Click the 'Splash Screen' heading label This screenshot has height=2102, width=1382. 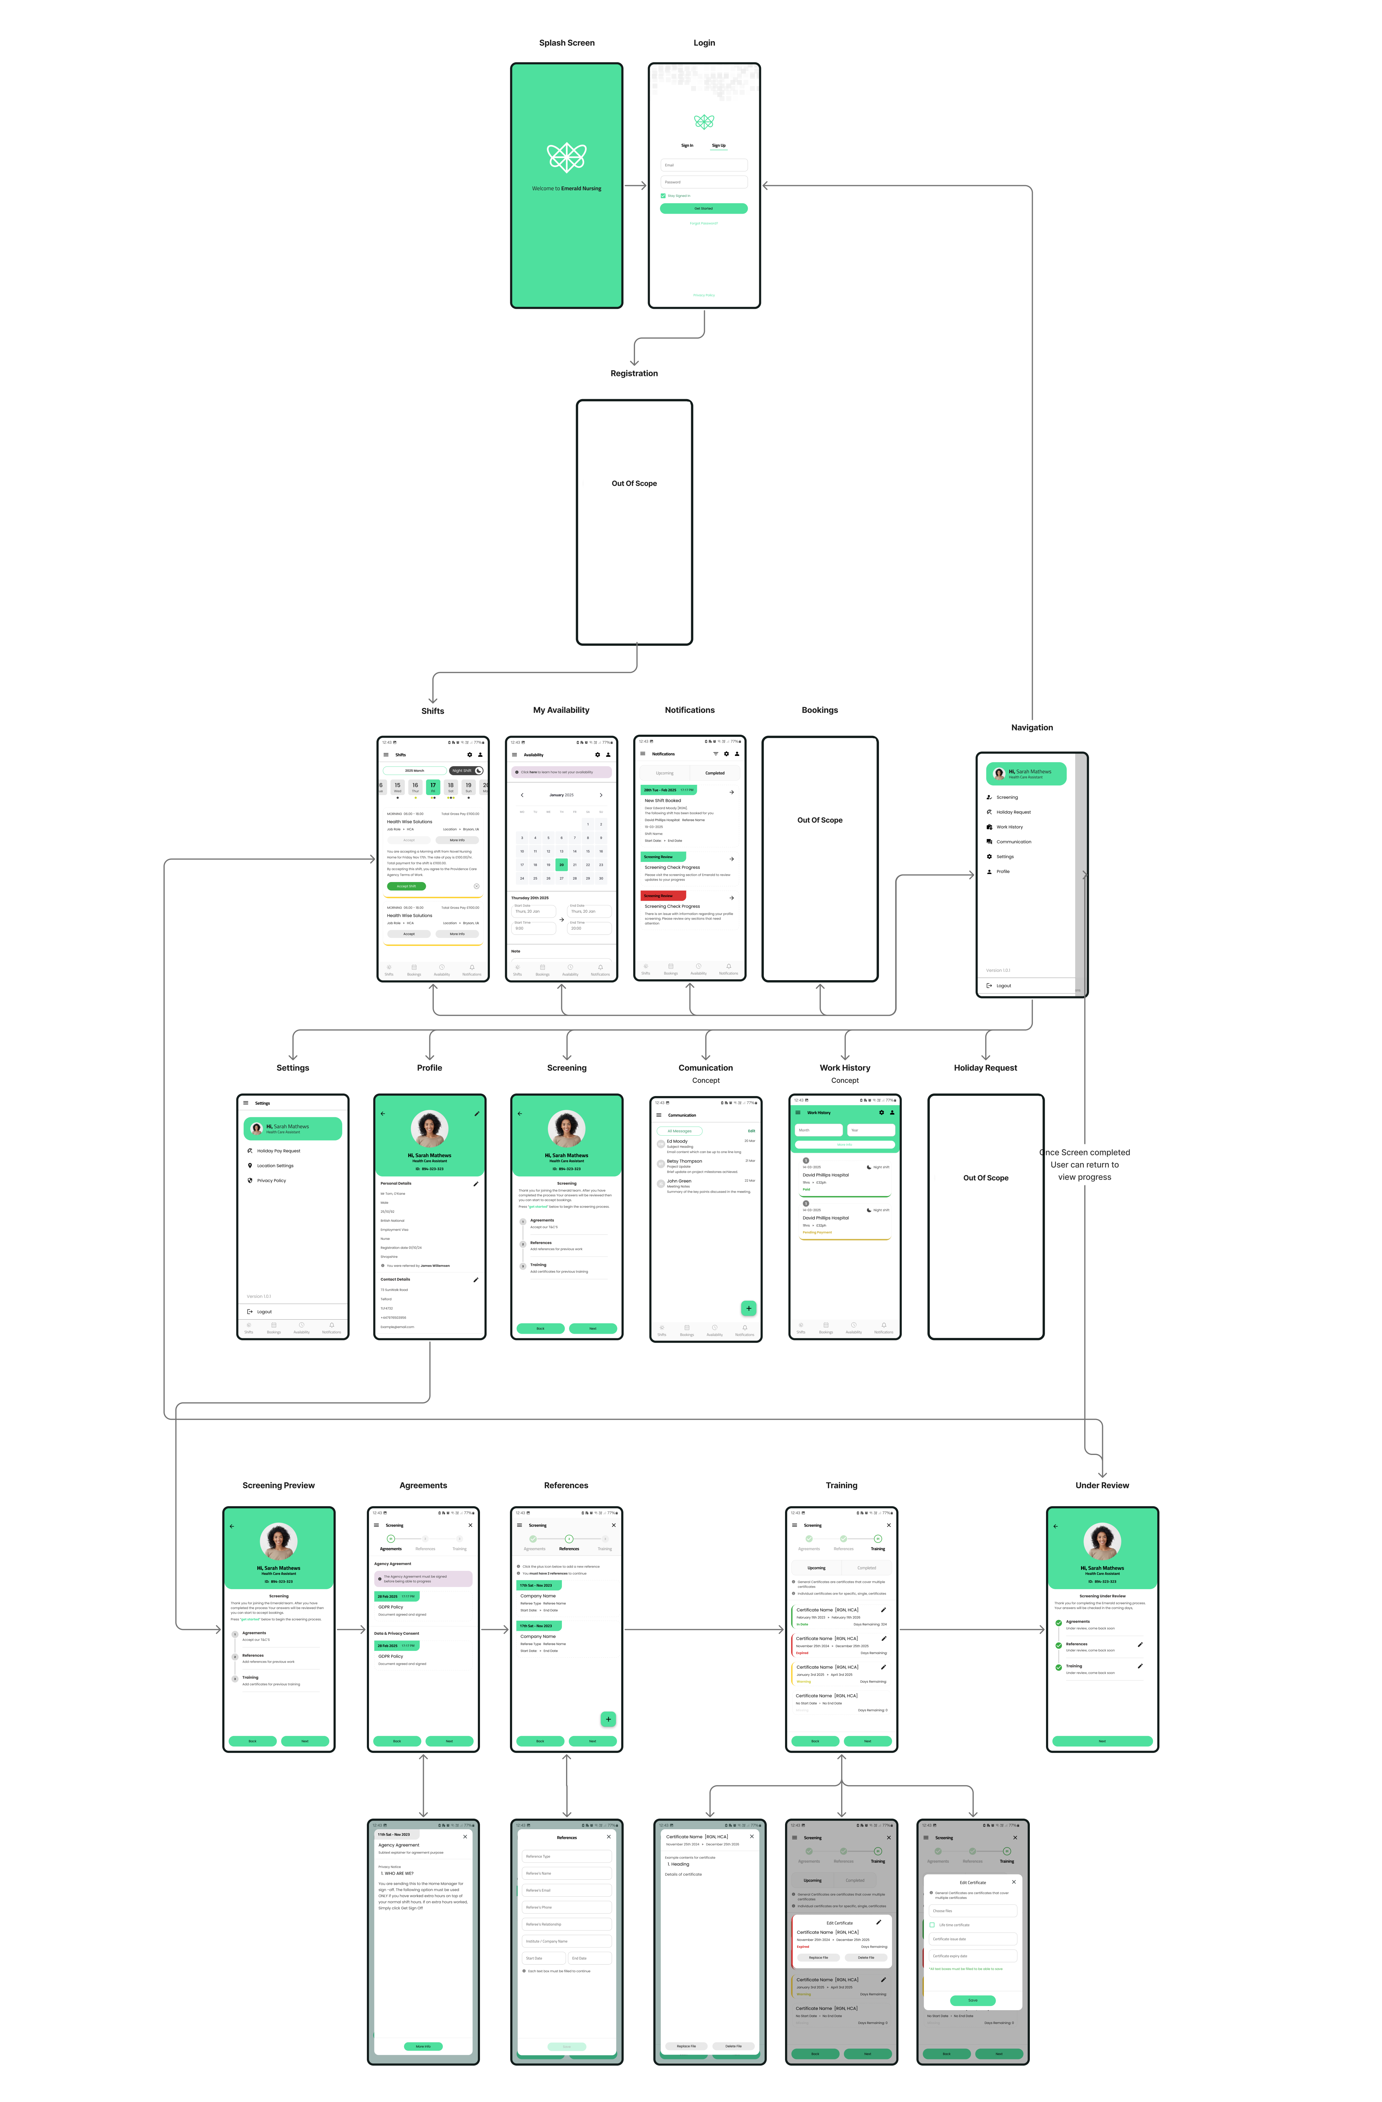(567, 42)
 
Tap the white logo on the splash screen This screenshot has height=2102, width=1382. (566, 157)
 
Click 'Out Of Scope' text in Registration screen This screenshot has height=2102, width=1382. (634, 483)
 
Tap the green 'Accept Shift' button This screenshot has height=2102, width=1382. (406, 886)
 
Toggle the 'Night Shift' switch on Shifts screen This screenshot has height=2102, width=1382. (478, 770)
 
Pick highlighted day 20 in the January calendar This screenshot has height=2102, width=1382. (562, 865)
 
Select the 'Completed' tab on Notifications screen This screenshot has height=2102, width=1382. (715, 773)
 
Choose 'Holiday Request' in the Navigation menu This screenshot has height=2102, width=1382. (1013, 812)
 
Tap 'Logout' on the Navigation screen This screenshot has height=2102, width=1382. (1003, 986)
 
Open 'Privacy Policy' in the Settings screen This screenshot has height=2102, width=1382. (271, 1181)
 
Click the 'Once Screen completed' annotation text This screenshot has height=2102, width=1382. (1084, 1152)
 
